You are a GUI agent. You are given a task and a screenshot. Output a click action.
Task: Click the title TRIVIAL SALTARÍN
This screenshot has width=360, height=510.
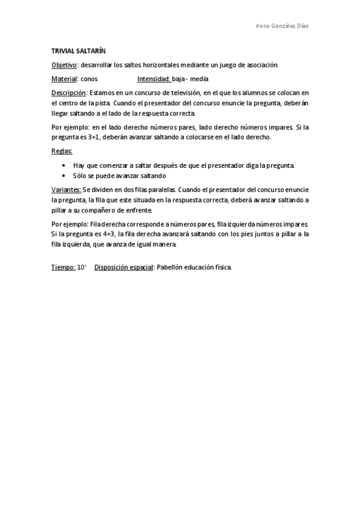(78, 52)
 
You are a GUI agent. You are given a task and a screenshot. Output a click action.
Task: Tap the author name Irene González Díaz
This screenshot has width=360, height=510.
(282, 26)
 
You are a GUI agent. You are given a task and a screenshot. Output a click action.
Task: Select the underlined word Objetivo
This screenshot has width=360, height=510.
(64, 65)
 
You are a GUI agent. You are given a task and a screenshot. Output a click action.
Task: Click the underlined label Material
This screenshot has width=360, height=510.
(64, 79)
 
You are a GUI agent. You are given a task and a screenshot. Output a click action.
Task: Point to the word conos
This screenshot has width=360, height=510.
(89, 79)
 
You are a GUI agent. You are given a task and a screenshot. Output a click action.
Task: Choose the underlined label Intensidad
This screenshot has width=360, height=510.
(154, 79)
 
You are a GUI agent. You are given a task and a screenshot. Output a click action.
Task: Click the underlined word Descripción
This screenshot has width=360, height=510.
(69, 93)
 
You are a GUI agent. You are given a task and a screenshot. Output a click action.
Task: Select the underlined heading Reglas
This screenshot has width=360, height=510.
(62, 150)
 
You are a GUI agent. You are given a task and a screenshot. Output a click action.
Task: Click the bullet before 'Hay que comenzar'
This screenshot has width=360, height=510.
(64, 165)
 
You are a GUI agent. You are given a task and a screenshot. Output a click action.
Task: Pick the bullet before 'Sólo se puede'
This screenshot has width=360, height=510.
(64, 176)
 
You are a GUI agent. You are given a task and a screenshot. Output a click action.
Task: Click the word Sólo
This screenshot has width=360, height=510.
(80, 176)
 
